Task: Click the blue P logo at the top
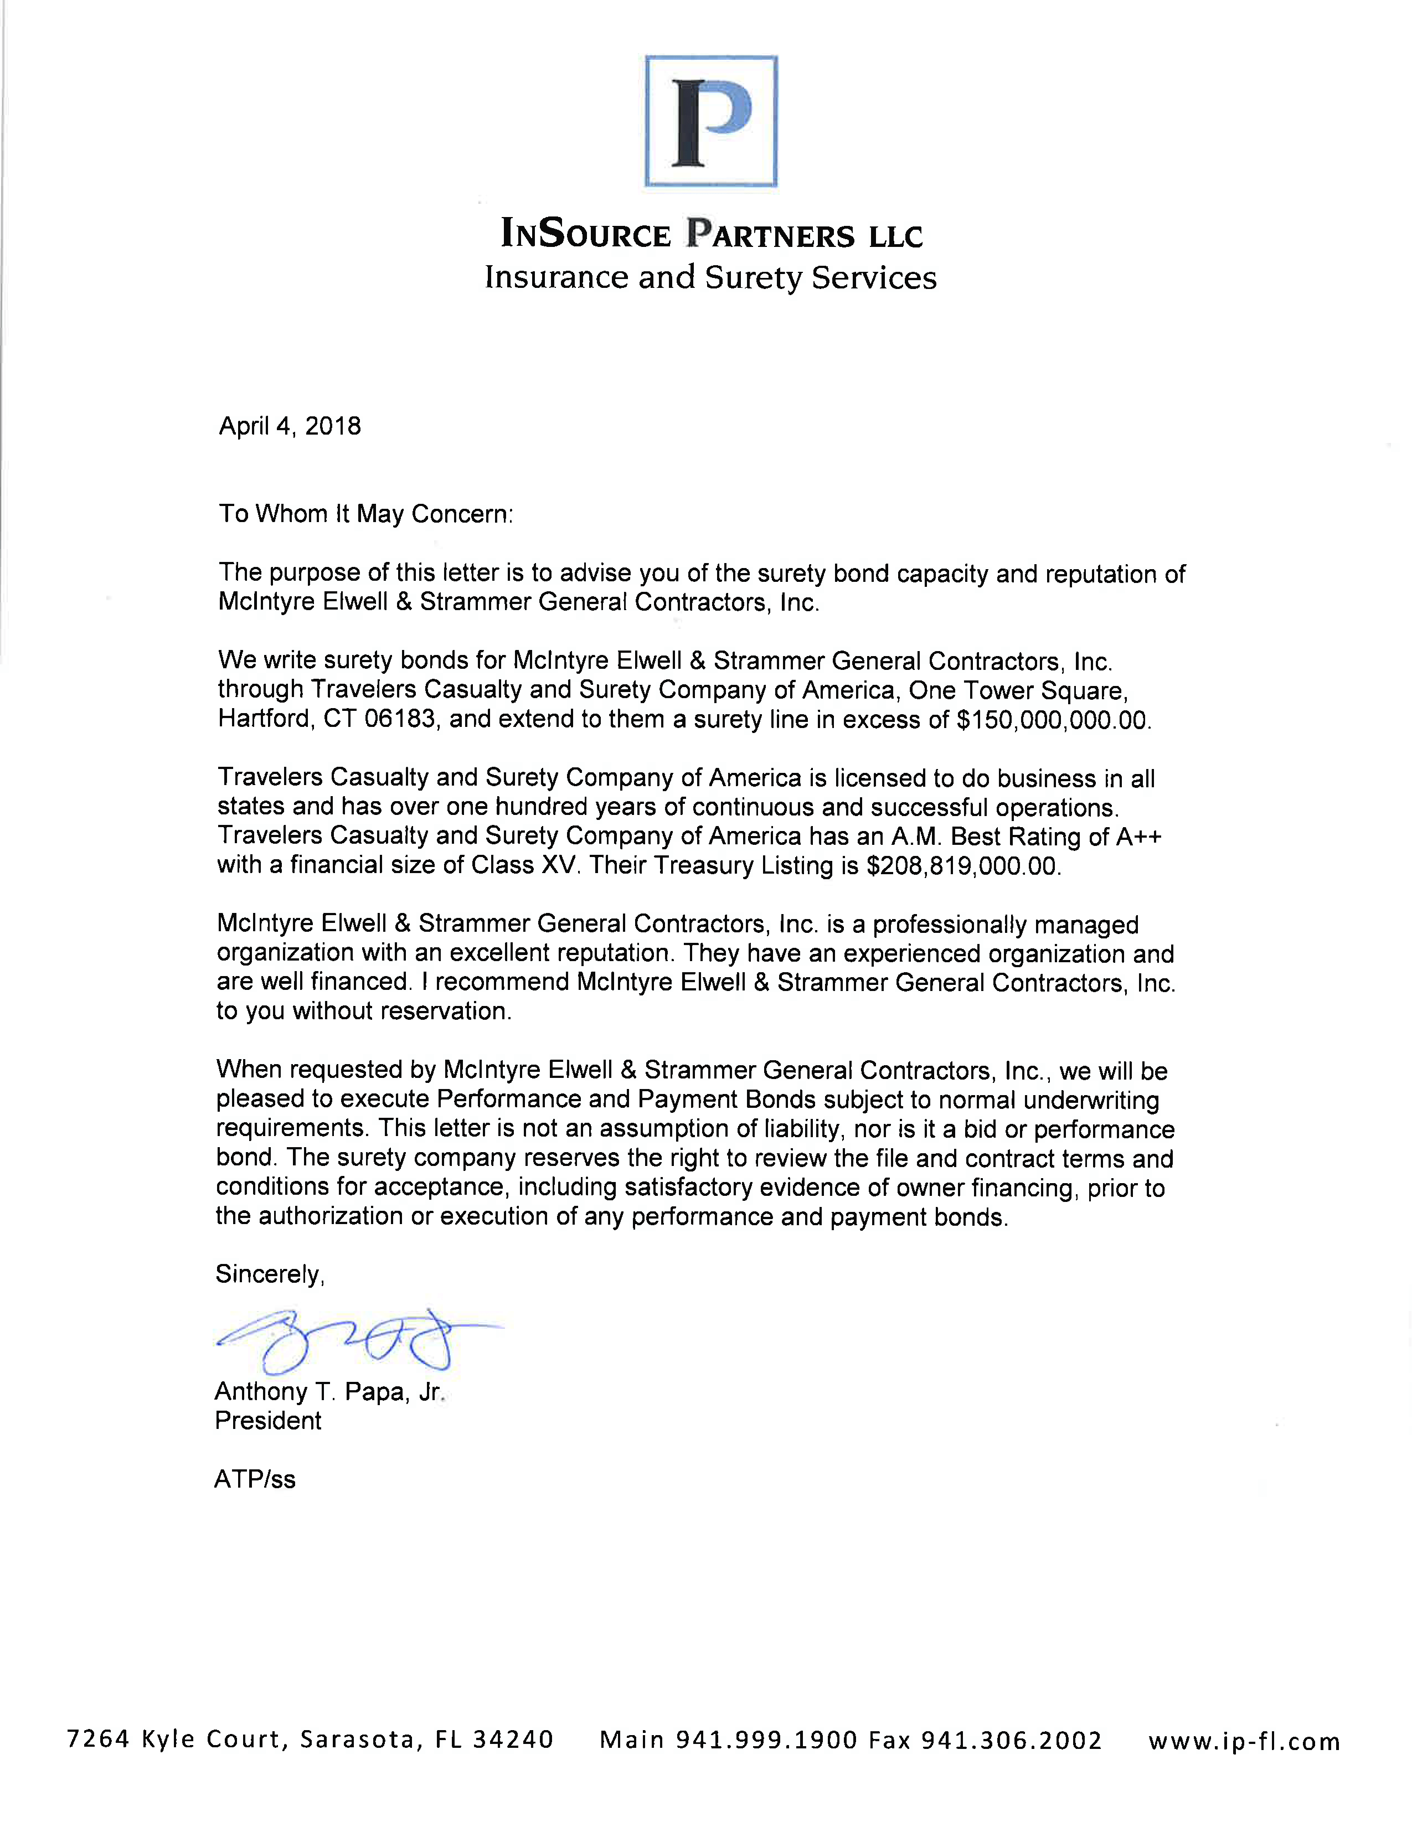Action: (711, 121)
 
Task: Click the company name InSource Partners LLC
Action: (711, 234)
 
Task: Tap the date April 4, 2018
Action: (290, 427)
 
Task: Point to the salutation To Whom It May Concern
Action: (365, 514)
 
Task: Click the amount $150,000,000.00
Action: (1053, 720)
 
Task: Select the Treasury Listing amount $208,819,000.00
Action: (963, 866)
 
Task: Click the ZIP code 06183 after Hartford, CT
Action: (400, 719)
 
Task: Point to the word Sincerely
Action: (269, 1274)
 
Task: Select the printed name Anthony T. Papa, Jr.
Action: (329, 1392)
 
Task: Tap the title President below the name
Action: (267, 1421)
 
